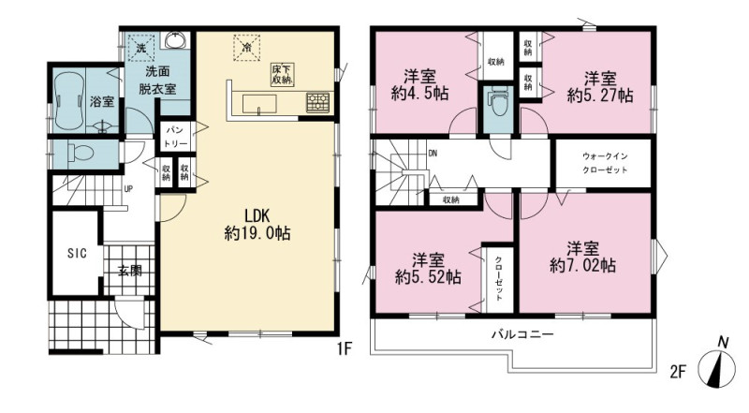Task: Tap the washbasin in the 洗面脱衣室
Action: (x=177, y=39)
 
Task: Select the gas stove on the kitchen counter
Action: (x=317, y=102)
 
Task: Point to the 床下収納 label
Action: (x=281, y=75)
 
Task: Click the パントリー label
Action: (x=176, y=136)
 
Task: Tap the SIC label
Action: (x=77, y=254)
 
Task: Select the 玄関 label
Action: (x=129, y=271)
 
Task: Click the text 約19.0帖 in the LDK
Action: (x=257, y=233)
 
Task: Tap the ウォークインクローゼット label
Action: (x=605, y=163)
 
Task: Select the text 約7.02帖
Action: (x=582, y=265)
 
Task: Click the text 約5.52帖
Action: (x=428, y=277)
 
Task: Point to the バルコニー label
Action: (x=522, y=334)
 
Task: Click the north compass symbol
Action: (x=717, y=365)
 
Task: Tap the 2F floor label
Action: (x=677, y=373)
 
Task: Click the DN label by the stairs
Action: (x=433, y=154)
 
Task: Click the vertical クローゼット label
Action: (x=498, y=279)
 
